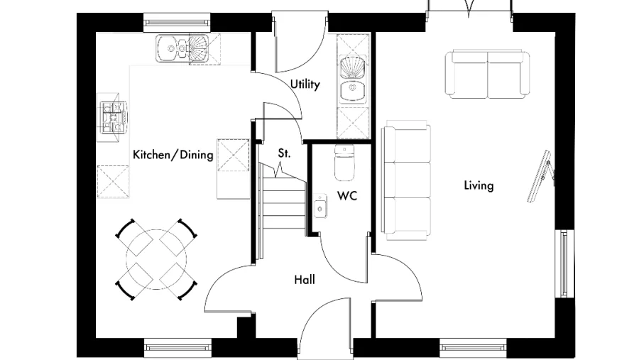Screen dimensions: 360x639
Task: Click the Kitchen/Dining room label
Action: tap(173, 155)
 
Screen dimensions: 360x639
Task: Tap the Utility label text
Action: tap(305, 84)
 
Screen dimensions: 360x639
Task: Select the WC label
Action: tap(346, 195)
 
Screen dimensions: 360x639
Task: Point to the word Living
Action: tap(479, 186)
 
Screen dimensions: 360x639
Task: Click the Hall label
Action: tap(305, 280)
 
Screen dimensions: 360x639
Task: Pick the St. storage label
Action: tap(284, 152)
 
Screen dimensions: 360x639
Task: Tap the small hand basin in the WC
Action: tap(319, 207)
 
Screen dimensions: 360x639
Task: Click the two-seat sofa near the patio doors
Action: tap(488, 74)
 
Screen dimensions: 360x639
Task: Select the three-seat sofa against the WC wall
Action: tap(406, 180)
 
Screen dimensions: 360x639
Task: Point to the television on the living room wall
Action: tap(542, 176)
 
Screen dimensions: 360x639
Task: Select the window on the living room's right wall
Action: tap(564, 263)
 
